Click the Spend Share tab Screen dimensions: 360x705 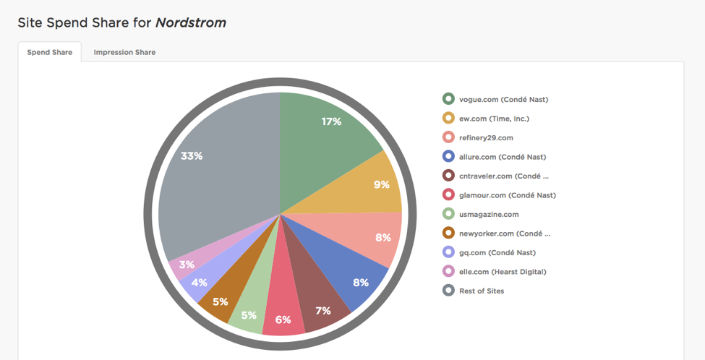click(x=50, y=52)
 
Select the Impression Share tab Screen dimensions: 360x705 click(x=124, y=52)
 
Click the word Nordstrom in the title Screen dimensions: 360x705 click(x=190, y=22)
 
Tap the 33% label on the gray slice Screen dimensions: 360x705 click(x=192, y=155)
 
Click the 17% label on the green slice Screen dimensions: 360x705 click(x=331, y=121)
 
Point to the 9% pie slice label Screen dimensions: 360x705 click(x=381, y=184)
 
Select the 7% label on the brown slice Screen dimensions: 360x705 click(x=322, y=310)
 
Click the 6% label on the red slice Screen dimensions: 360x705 click(x=283, y=320)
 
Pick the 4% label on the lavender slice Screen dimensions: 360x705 click(x=200, y=283)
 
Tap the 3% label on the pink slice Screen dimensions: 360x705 click(x=187, y=265)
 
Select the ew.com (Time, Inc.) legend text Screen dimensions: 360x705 click(x=498, y=119)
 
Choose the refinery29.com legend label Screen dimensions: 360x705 click(x=486, y=137)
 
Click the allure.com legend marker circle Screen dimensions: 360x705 click(x=448, y=156)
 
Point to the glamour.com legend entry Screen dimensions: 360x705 click(x=507, y=194)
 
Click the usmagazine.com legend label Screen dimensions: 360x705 click(x=489, y=214)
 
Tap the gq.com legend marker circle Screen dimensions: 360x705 click(x=448, y=252)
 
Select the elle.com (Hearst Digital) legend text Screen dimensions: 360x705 click(x=503, y=272)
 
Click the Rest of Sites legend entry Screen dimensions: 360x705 click(x=482, y=291)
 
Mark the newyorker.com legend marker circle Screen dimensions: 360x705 click(x=448, y=233)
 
